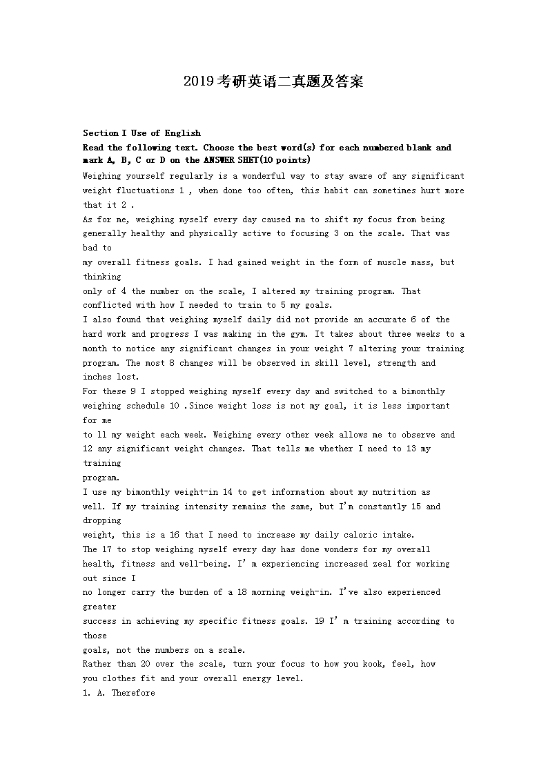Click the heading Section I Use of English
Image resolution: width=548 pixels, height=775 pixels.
141,133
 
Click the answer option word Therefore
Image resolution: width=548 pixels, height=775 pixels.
133,693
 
